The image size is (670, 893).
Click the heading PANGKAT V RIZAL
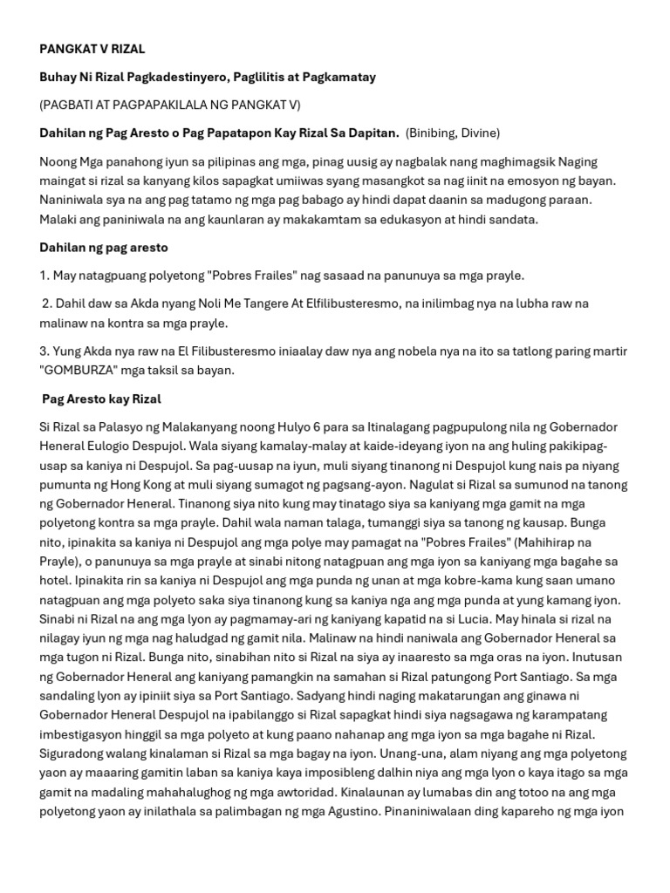[92, 50]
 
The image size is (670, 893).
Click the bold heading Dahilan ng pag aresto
[104, 248]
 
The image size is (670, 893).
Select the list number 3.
[44, 351]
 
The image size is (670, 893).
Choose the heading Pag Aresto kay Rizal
[102, 399]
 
